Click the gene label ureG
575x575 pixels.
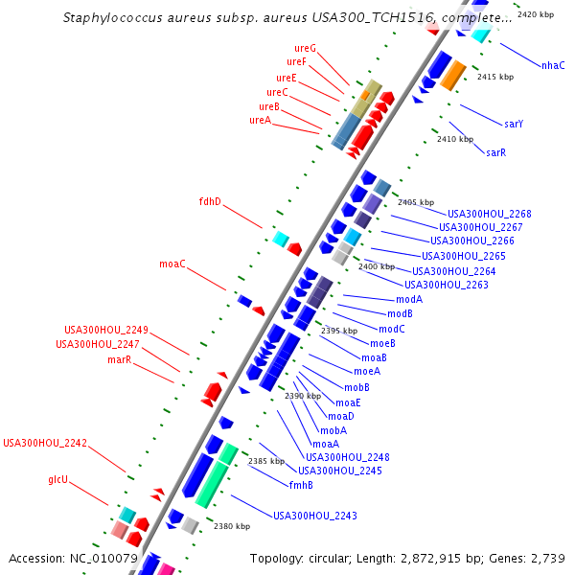coord(305,48)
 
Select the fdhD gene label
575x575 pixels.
coord(210,202)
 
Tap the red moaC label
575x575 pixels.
coord(172,264)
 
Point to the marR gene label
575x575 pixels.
coord(119,359)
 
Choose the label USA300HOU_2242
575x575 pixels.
coord(45,443)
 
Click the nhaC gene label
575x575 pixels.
coord(553,65)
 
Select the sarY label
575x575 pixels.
coord(514,124)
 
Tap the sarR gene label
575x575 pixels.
coord(495,152)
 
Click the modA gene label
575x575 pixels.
coord(409,299)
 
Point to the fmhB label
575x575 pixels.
coord(301,485)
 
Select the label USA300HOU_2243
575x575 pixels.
coord(315,516)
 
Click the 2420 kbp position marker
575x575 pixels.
coord(535,15)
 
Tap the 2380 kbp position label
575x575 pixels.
coord(232,526)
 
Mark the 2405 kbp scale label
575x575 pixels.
coord(416,202)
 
